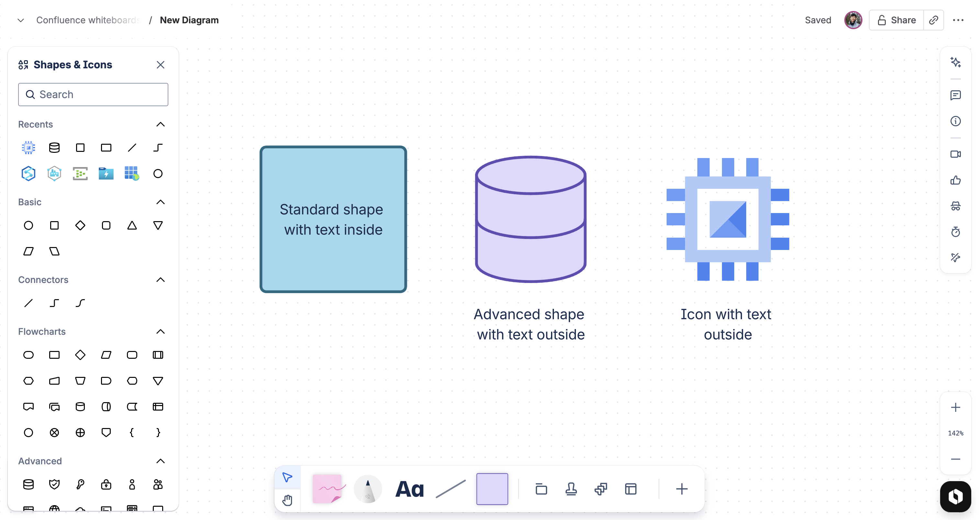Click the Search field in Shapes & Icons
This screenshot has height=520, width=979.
pyautogui.click(x=93, y=95)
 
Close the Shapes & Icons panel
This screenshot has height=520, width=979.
pyautogui.click(x=160, y=65)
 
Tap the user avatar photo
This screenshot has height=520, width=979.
pyautogui.click(x=853, y=20)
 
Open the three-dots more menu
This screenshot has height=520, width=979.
pyautogui.click(x=958, y=20)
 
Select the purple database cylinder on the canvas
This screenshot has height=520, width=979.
pyautogui.click(x=531, y=219)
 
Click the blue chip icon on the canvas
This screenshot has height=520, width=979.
pyautogui.click(x=727, y=219)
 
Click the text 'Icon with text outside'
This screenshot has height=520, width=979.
pyautogui.click(x=727, y=324)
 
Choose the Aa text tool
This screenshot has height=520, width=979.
pyautogui.click(x=409, y=489)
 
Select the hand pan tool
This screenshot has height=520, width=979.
pyautogui.click(x=287, y=500)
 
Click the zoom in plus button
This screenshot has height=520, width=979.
pyautogui.click(x=955, y=408)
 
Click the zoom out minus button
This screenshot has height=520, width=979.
pyautogui.click(x=955, y=459)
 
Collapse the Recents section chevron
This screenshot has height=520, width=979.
pyautogui.click(x=160, y=125)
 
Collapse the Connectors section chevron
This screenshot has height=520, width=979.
pyautogui.click(x=160, y=280)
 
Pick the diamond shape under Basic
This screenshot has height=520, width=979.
pyautogui.click(x=80, y=225)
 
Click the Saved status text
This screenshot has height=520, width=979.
pyautogui.click(x=818, y=20)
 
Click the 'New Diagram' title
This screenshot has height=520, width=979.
pyautogui.click(x=189, y=20)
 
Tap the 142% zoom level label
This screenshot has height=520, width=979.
pyautogui.click(x=955, y=433)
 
